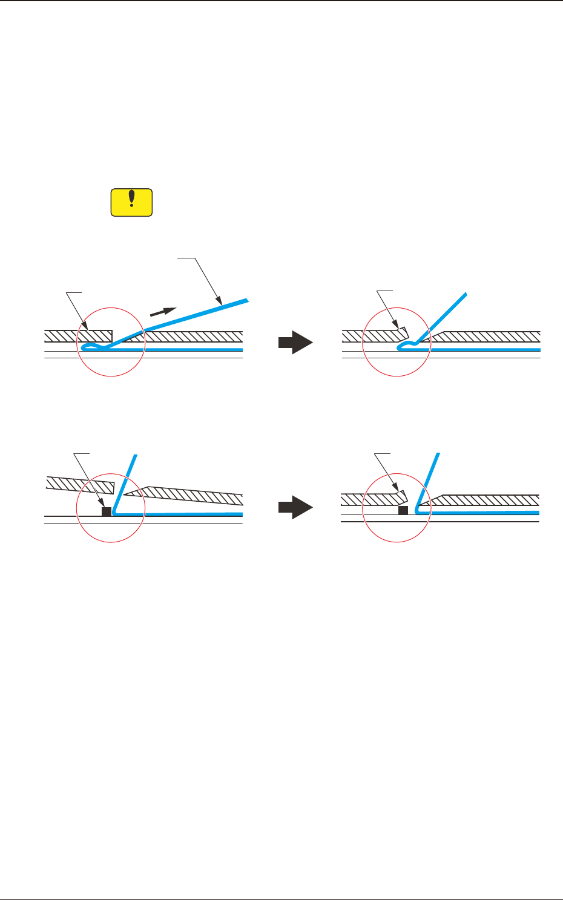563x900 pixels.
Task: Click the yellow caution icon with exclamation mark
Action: [x=131, y=202]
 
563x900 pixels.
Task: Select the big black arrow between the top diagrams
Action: [x=295, y=343]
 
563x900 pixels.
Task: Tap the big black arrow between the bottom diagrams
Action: [x=295, y=507]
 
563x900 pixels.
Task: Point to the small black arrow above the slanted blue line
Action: [x=163, y=312]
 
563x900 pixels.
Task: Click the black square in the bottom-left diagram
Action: [x=107, y=512]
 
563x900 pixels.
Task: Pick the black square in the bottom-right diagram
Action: [x=403, y=511]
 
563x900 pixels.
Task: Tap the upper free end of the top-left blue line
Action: [x=247, y=300]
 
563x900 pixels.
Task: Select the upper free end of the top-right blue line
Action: [x=465, y=295]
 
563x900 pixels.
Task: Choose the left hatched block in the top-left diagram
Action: [x=79, y=335]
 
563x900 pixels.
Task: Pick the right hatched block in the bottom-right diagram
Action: [x=484, y=500]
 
